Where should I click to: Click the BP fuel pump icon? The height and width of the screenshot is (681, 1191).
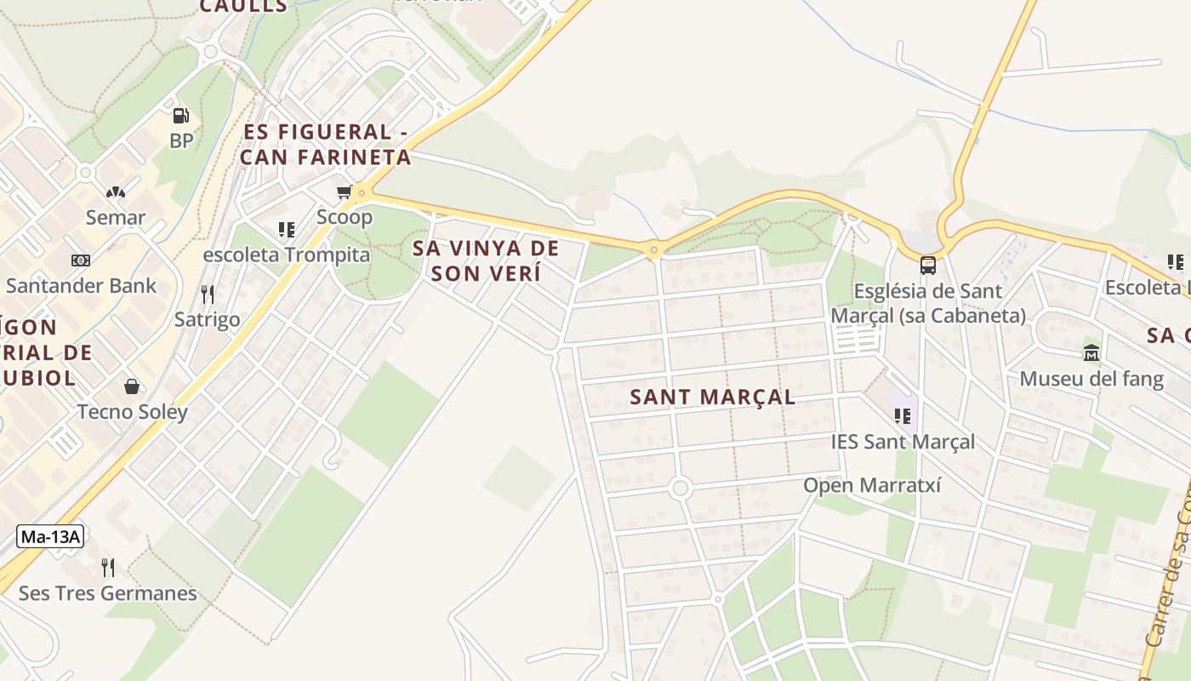(180, 115)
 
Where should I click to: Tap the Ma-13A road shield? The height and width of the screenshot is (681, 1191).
(49, 536)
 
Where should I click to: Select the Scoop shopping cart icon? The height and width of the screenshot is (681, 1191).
(344, 192)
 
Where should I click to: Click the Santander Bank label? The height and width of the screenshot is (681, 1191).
(82, 285)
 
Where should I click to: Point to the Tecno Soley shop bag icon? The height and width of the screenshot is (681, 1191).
(132, 386)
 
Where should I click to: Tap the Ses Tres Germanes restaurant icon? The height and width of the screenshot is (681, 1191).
(107, 567)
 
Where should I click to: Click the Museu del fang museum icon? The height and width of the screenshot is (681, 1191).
(1091, 352)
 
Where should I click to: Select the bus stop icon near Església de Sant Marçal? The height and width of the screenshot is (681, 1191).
(927, 265)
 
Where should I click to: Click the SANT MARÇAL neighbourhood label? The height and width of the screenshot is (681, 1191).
(713, 397)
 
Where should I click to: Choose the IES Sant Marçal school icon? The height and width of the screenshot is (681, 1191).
(903, 416)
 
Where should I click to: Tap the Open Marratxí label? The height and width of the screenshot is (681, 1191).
(873, 485)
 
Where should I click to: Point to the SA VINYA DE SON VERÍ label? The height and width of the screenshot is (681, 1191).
(486, 260)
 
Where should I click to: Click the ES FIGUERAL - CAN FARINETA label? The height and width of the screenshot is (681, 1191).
(327, 145)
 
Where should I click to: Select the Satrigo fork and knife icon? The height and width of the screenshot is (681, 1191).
(208, 295)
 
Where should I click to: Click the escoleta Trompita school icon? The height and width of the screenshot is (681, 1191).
(287, 229)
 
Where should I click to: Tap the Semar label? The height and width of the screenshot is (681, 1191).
(116, 217)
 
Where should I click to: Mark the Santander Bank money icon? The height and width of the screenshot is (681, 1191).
(81, 260)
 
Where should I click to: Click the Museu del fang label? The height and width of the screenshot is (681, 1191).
(1091, 378)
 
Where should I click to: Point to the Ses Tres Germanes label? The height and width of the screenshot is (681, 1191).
(108, 593)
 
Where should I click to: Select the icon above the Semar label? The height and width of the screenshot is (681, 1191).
(115, 192)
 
